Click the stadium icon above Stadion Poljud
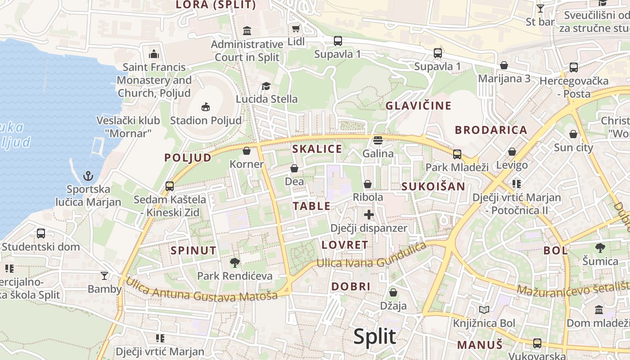[206, 107]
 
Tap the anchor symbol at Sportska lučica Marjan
[88, 175]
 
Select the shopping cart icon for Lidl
[296, 29]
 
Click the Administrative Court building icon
[247, 31]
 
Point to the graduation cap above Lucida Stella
[266, 85]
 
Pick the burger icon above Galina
[378, 140]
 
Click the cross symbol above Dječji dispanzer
[369, 215]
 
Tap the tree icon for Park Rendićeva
[234, 262]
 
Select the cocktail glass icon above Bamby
[104, 275]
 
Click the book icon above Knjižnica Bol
[484, 310]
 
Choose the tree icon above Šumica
[600, 247]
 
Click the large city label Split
[374, 337]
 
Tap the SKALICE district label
[317, 149]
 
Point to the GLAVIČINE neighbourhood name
[418, 106]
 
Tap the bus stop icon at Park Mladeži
[457, 154]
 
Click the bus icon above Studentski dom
[41, 233]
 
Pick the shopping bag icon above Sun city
[573, 134]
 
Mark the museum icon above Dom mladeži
[599, 310]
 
